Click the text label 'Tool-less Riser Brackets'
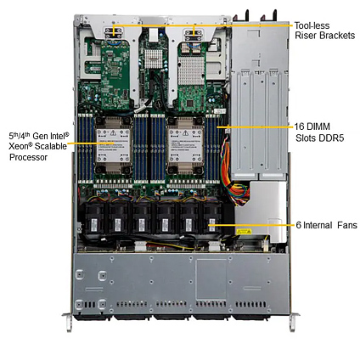coord(324,31)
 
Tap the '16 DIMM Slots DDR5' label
coord(319,132)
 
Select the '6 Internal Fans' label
coord(327,225)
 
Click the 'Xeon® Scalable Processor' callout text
coord(38,146)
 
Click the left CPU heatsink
coord(114,145)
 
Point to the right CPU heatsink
coord(186,145)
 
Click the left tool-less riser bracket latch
coord(113,33)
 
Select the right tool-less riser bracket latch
coord(194,35)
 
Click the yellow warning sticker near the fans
coord(244,232)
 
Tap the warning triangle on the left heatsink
coord(113,132)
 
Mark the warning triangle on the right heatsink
coord(186,132)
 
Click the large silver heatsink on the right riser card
coord(191,70)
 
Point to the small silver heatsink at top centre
coord(154,59)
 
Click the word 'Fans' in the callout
coord(347,225)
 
